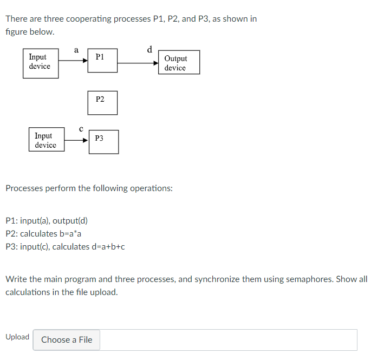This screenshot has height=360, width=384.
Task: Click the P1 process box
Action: point(102,61)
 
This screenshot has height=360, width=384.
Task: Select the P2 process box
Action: point(102,102)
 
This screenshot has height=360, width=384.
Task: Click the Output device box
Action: point(179,63)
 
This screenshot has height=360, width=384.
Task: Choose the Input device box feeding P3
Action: point(46,140)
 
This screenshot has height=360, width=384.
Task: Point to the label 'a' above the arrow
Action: point(76,50)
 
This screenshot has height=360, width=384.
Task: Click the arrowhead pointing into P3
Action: point(85,140)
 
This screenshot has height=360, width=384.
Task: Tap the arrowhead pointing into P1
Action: point(85,61)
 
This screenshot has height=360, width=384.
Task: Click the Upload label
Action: point(17,337)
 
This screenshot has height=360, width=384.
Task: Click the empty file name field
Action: point(227,339)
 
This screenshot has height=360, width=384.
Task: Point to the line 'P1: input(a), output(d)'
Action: point(46,221)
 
